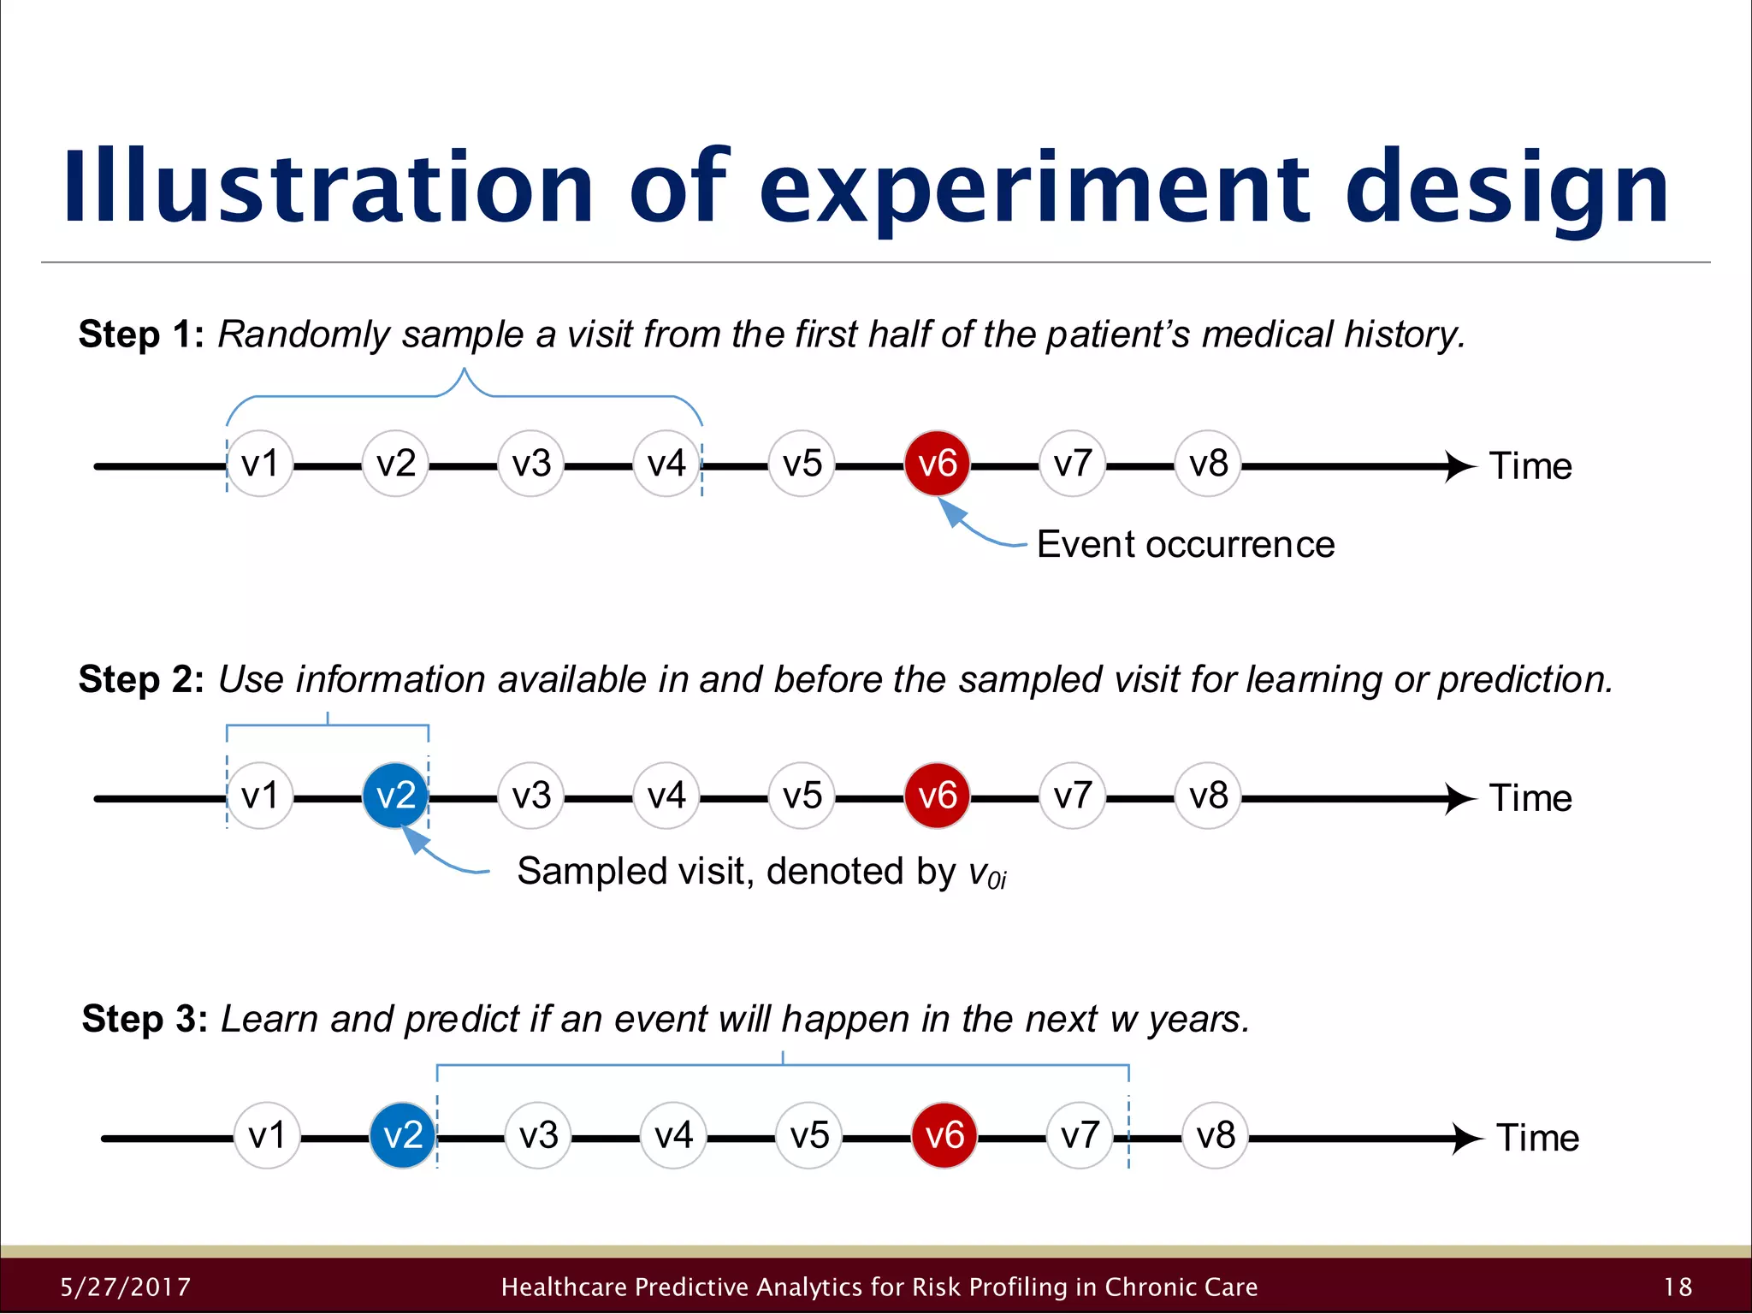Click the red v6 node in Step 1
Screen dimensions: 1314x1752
937,464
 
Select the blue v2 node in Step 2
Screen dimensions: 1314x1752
395,796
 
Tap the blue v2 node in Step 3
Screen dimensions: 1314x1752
402,1135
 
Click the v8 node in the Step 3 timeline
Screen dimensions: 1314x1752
1215,1135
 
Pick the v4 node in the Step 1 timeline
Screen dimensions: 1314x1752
666,464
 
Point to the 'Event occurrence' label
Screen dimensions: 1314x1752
1185,544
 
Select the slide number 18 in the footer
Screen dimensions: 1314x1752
1678,1287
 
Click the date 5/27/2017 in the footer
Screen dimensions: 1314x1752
126,1287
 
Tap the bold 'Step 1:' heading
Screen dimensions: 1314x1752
141,334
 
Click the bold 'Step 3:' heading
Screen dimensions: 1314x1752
145,1019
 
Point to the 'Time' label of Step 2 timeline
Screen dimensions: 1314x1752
1530,797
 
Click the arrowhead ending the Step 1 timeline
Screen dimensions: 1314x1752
1461,466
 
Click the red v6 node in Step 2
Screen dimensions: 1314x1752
937,796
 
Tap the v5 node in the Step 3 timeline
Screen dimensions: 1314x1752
808,1135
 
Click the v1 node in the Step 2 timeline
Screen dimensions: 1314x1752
260,796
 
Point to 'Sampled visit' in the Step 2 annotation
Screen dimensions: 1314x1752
633,871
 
